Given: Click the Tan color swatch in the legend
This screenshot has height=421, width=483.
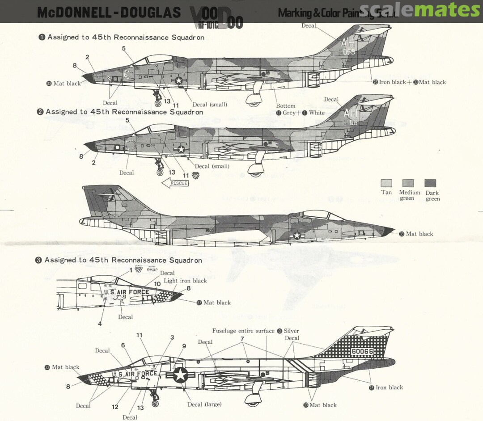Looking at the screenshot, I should point(386,183).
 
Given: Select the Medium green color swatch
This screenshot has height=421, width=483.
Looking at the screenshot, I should point(408,183).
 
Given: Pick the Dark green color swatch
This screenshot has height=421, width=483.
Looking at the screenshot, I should point(430,183).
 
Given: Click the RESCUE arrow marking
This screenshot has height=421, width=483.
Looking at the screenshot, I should point(175,183).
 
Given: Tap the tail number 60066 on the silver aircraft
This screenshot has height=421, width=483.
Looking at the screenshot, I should point(362,351).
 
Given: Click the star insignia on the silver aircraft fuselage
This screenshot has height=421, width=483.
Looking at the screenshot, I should point(180,375).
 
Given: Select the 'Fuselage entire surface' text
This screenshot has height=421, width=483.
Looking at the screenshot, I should point(243,331).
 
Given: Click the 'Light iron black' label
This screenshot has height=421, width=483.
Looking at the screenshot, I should point(185,281).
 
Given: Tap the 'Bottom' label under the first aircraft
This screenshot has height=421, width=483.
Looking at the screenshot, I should point(285,106).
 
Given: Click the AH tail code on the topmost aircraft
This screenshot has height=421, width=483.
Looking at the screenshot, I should point(347,43).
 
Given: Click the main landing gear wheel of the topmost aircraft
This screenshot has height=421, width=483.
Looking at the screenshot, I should point(254,104).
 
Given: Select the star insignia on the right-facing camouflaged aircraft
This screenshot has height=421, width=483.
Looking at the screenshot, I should point(297,235).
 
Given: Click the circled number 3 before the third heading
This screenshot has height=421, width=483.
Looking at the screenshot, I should point(38,260).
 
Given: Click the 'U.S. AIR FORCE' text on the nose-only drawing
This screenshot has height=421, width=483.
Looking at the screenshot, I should point(127,292).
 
